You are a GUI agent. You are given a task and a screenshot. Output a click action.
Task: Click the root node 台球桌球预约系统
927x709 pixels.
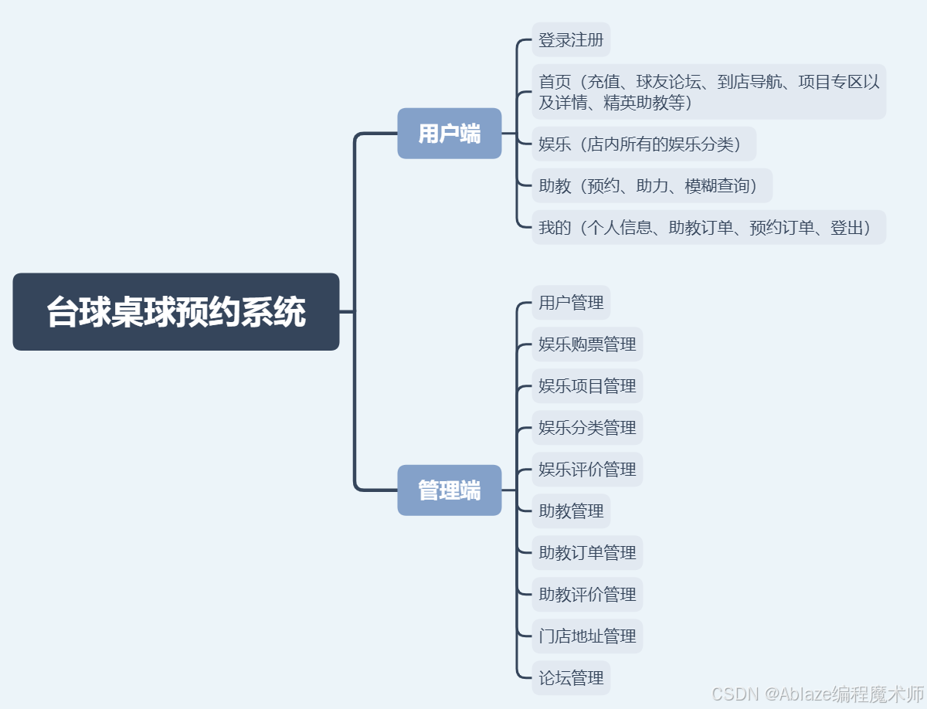tap(176, 311)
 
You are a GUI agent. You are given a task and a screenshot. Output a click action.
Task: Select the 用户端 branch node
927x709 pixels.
tap(450, 134)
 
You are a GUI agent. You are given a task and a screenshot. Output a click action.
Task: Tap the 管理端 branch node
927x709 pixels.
tap(450, 490)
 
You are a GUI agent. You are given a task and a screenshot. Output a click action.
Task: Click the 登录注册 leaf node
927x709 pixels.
tap(571, 39)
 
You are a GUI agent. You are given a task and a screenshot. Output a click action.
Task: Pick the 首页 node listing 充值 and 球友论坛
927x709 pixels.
tap(708, 92)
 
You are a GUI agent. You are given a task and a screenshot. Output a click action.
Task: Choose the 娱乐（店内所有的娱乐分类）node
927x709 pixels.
tap(643, 144)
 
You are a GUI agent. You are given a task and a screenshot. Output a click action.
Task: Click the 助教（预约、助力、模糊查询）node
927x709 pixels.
tap(652, 186)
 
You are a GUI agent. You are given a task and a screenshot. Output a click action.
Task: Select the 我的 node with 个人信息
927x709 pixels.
tap(708, 228)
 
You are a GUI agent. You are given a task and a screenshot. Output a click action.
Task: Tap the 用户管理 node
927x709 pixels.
tap(571, 303)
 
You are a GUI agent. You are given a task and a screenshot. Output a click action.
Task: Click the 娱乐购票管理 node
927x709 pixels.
tap(587, 344)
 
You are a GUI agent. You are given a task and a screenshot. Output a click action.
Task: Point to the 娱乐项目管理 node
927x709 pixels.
tap(587, 386)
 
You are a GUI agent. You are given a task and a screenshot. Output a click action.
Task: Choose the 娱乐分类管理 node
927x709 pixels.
tap(587, 428)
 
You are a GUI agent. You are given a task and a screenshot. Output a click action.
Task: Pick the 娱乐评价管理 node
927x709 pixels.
tap(587, 470)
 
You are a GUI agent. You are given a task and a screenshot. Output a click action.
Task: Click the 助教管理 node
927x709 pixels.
tap(571, 511)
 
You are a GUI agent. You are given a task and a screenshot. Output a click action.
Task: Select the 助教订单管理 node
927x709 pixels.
tap(587, 553)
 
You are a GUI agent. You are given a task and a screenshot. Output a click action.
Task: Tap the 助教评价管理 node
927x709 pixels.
tap(587, 595)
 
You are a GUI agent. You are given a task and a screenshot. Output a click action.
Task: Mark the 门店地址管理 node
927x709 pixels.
tap(587, 636)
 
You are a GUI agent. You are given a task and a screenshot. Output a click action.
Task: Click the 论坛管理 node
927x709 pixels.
tap(571, 678)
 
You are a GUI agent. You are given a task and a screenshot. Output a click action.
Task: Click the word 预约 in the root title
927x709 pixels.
tap(209, 312)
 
